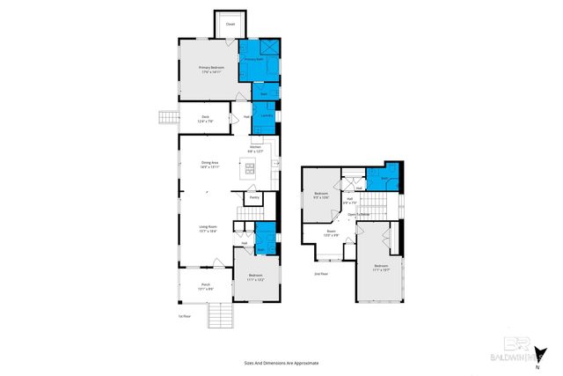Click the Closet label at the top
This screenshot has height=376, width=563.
pos(230,24)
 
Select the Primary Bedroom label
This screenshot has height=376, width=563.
pos(211,70)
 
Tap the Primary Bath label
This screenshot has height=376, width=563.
pos(255,59)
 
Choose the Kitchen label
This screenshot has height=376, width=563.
pos(255,149)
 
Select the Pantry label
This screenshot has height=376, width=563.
pos(254,197)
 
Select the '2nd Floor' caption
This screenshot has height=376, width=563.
pos(321,274)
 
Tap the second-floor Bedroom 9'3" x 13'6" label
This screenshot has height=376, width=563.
pos(321,195)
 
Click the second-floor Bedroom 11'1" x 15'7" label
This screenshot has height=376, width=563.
pos(381,267)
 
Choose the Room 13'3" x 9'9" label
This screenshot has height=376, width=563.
pos(331,234)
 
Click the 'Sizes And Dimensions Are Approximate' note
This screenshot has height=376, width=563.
pos(281,362)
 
